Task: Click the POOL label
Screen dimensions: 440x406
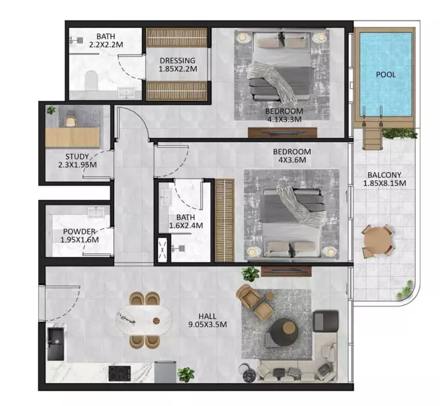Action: tap(386, 75)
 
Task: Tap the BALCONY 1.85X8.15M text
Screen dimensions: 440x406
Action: tap(384, 179)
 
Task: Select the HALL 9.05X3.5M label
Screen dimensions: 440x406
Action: tap(207, 320)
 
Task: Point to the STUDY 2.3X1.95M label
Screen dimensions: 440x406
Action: tap(77, 160)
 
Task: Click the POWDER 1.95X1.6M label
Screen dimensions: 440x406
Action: tap(79, 235)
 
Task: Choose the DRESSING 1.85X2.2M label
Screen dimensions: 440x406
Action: tap(178, 65)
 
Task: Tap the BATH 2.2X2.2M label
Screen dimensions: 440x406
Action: tap(106, 41)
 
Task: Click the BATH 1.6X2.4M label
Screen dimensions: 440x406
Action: tap(186, 221)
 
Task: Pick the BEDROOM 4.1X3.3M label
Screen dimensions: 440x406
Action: tap(284, 115)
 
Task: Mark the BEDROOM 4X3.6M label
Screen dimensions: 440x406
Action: tap(292, 156)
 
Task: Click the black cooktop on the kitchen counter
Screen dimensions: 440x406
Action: tap(120, 373)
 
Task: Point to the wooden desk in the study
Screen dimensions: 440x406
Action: tap(73, 137)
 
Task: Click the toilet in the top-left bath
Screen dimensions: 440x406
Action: tap(91, 81)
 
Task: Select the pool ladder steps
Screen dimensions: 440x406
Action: tap(372, 135)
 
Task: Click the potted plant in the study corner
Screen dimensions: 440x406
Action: tap(51, 110)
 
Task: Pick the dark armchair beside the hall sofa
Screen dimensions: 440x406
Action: tap(325, 321)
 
